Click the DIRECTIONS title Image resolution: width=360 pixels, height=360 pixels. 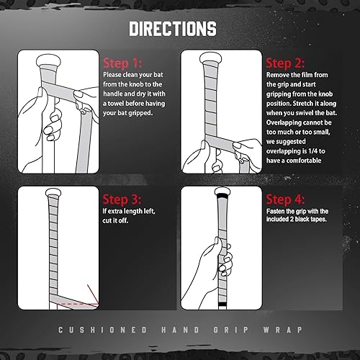tap(173, 30)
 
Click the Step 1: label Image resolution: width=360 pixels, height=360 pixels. tap(124, 62)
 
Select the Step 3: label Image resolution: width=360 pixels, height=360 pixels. tap(124, 199)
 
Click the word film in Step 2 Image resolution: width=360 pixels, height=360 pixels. tap(312, 74)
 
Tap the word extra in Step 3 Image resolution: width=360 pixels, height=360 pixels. tap(117, 212)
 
